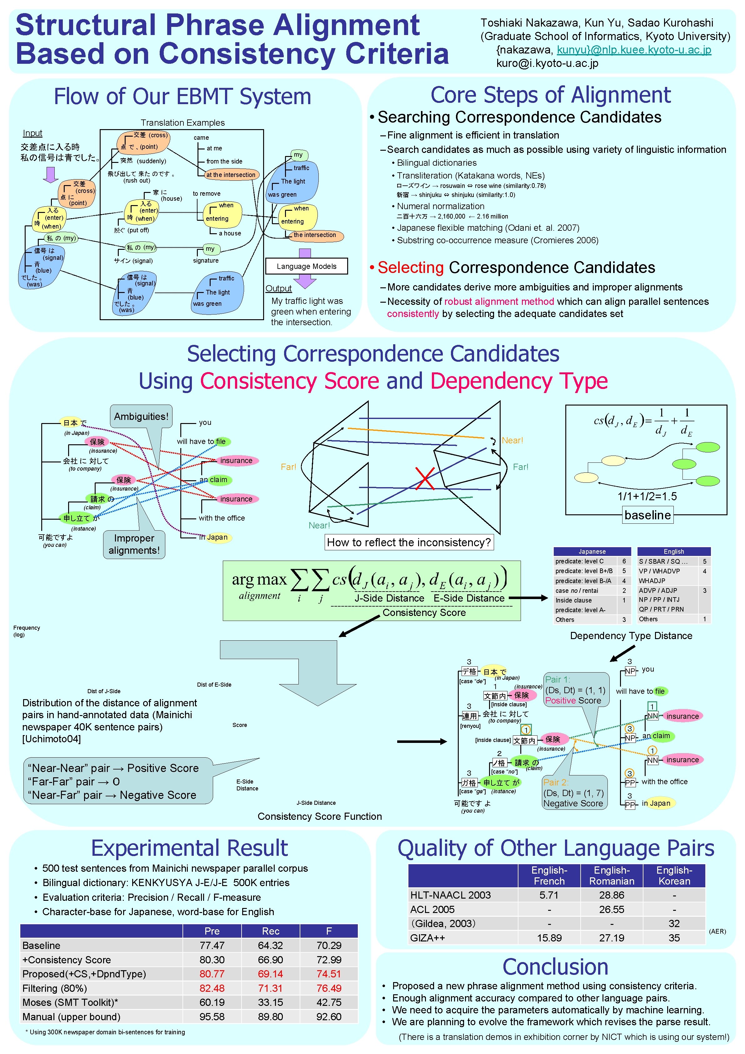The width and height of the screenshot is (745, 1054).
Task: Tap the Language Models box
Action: pyautogui.click(x=306, y=266)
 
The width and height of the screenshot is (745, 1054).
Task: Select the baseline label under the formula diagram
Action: pyautogui.click(x=647, y=515)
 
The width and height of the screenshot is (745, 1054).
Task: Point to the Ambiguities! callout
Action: pyautogui.click(x=141, y=416)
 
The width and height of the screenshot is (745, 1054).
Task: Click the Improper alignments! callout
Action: pyautogui.click(x=134, y=544)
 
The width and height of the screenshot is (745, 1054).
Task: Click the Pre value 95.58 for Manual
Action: pyautogui.click(x=212, y=1016)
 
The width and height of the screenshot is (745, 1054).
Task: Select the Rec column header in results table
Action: pyautogui.click(x=270, y=931)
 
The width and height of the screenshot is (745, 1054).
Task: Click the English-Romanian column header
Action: pyautogui.click(x=612, y=875)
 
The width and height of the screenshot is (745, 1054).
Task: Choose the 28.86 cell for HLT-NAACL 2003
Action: pyautogui.click(x=612, y=895)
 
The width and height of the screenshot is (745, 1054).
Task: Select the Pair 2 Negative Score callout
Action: pyautogui.click(x=573, y=793)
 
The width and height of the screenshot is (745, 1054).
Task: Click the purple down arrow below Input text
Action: pyautogui.click(x=50, y=174)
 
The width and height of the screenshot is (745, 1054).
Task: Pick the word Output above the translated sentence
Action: pyautogui.click(x=278, y=288)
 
